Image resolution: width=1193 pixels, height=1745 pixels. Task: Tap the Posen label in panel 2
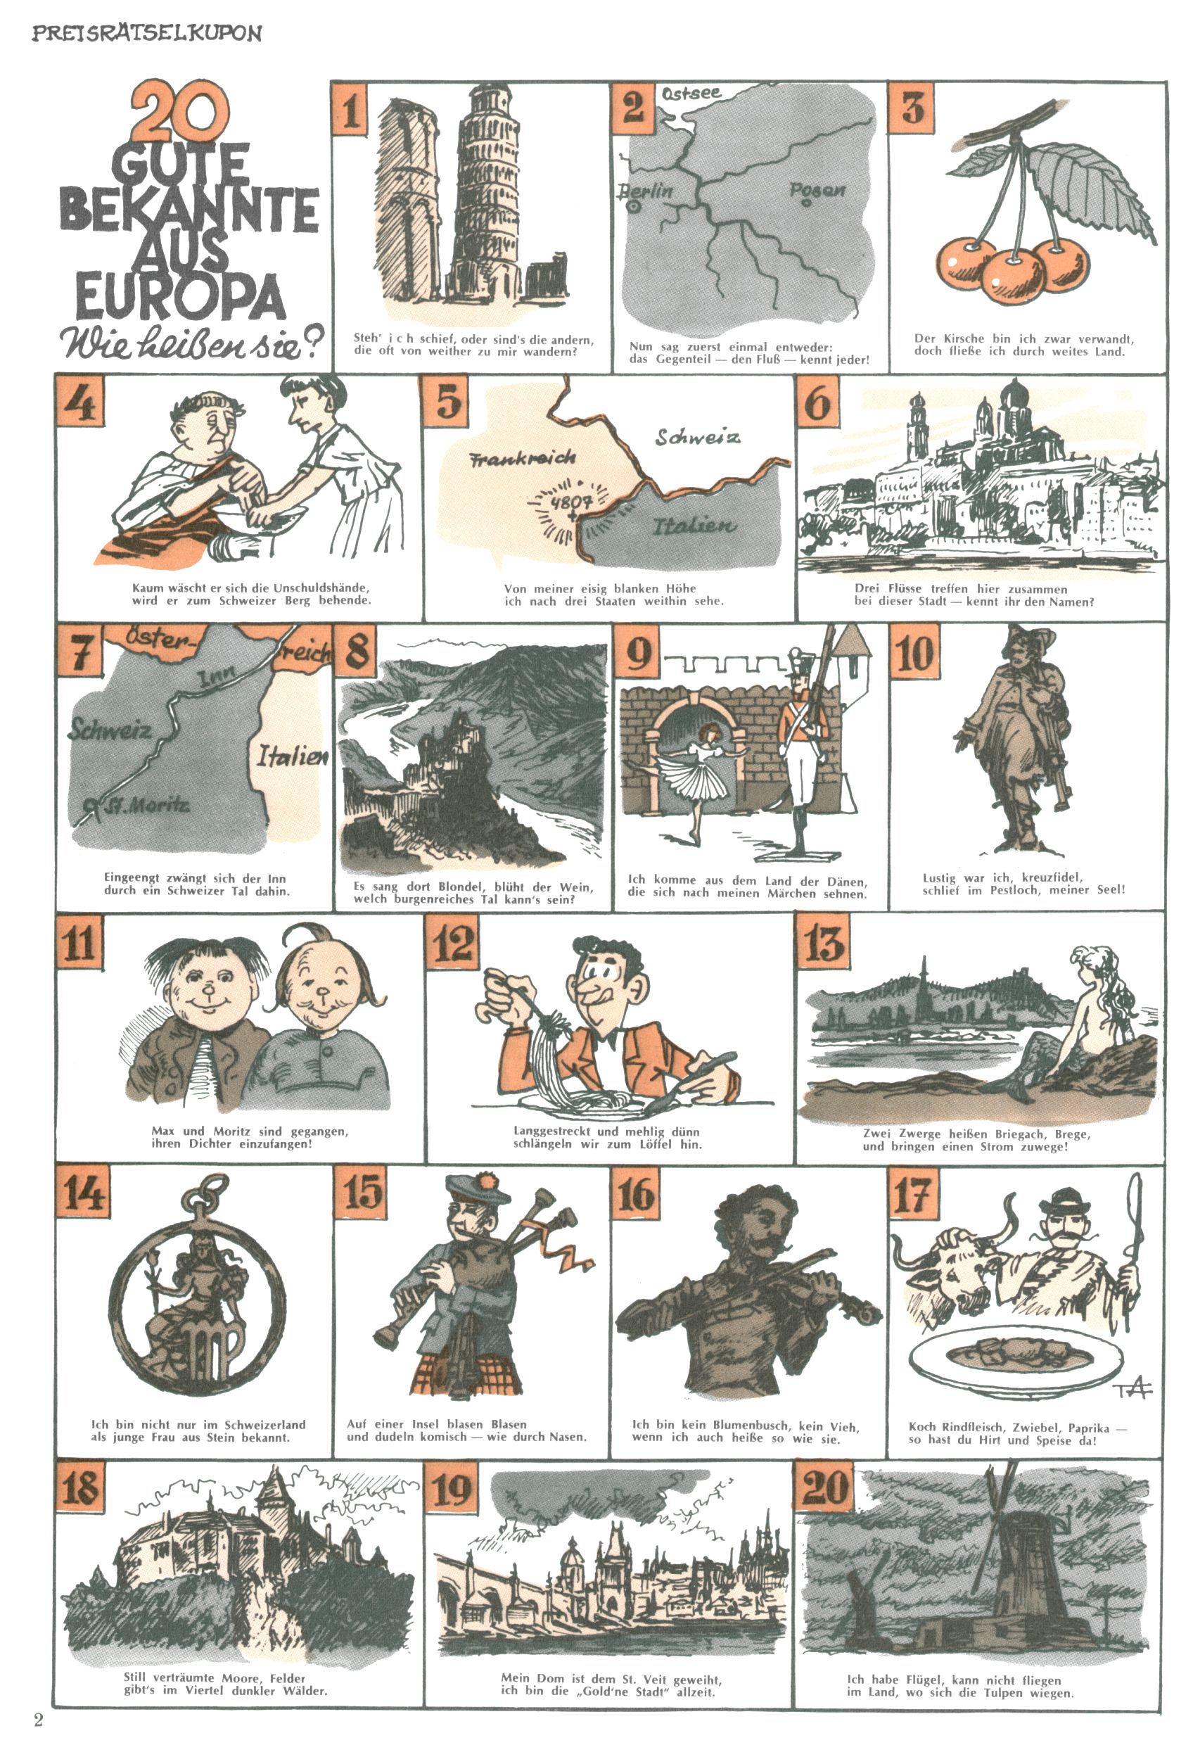tap(817, 190)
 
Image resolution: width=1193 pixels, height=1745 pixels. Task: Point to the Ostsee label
tap(691, 93)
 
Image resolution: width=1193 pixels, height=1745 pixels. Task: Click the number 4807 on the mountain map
tap(571, 501)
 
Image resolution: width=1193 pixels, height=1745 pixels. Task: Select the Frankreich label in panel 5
tap(523, 457)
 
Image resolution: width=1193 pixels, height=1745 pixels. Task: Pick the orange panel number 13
tap(823, 944)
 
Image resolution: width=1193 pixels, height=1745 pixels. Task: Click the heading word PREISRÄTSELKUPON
tap(146, 34)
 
